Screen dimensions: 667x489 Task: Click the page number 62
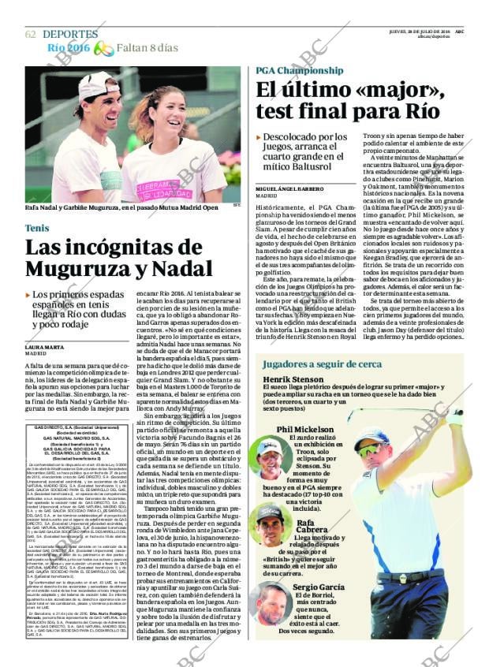tap(31, 34)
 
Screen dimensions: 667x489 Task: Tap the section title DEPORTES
tap(70, 34)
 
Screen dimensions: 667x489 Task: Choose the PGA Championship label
tap(299, 70)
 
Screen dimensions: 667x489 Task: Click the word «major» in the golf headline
tap(392, 91)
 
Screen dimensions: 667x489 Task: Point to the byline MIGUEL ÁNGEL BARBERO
tap(289, 189)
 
